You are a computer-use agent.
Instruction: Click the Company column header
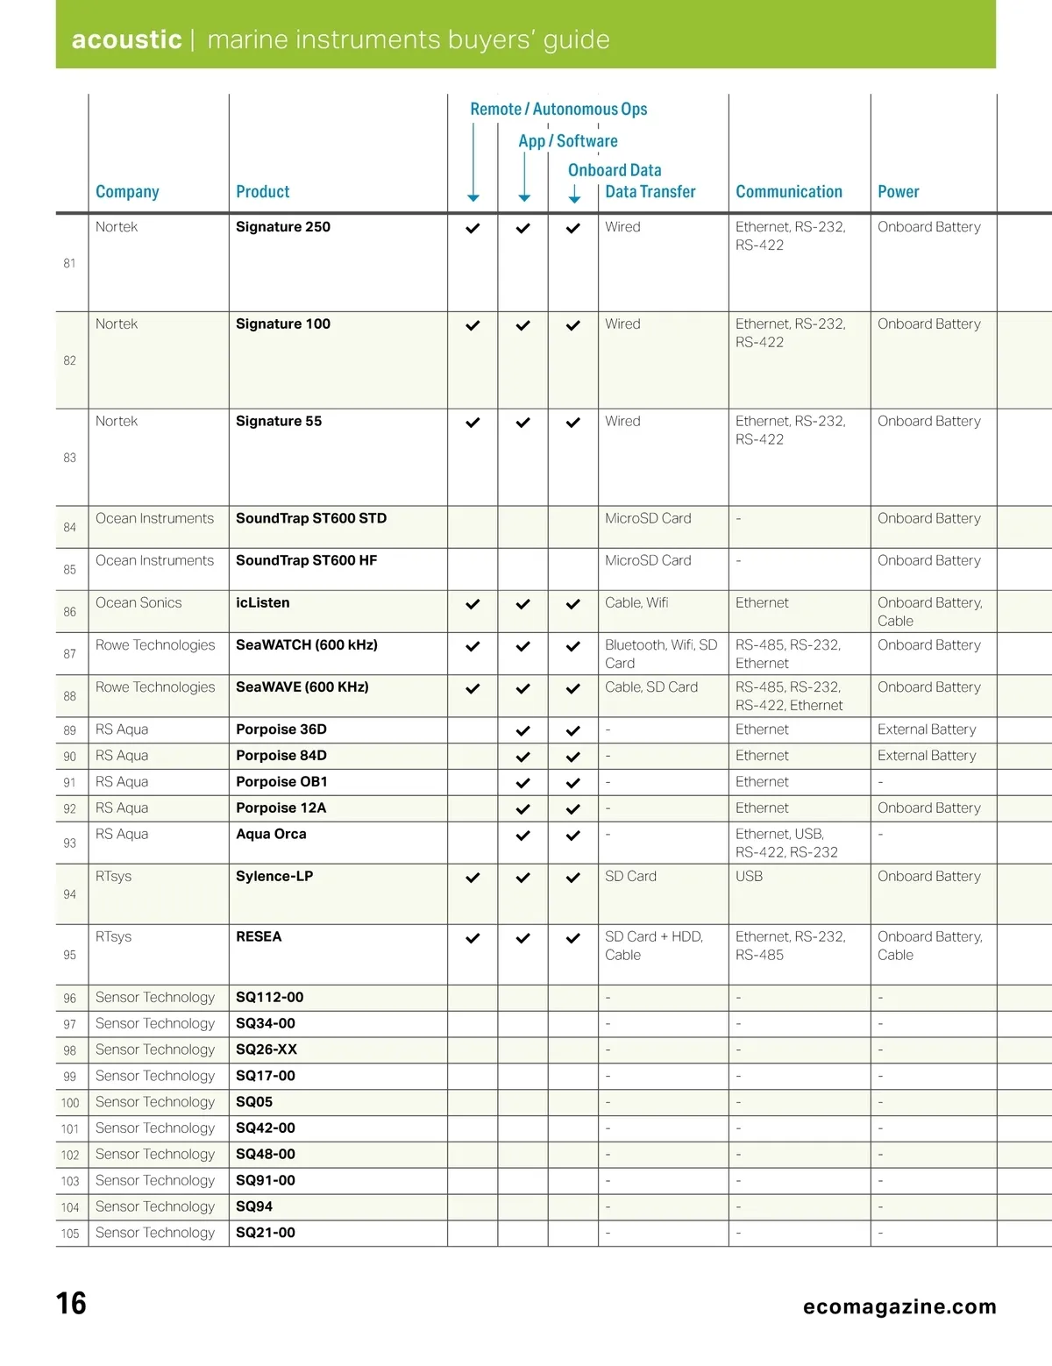(x=127, y=192)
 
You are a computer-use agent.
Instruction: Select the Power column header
(x=898, y=192)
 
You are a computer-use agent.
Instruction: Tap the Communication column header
(x=788, y=192)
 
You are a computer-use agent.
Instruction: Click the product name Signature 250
(x=282, y=227)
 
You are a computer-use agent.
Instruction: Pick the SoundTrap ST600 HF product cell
(x=306, y=561)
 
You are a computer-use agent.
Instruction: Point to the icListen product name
(x=262, y=603)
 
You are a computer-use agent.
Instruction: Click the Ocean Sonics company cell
(x=139, y=603)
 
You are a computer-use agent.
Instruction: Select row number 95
(x=70, y=956)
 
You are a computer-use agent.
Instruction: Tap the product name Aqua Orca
(x=271, y=835)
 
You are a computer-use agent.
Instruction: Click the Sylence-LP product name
(x=274, y=877)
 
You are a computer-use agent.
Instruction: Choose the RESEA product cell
(x=259, y=937)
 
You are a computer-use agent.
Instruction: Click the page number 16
(x=71, y=1304)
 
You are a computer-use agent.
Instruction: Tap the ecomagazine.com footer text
(x=899, y=1307)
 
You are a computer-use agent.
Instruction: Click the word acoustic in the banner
(x=126, y=39)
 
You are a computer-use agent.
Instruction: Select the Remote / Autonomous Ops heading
(x=558, y=110)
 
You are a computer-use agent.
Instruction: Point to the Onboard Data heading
(x=614, y=170)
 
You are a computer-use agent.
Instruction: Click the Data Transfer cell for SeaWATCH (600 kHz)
(x=661, y=654)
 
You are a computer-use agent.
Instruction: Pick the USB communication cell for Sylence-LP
(x=749, y=877)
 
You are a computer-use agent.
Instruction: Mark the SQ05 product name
(x=254, y=1102)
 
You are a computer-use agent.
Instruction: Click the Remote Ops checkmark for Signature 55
(x=473, y=423)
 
